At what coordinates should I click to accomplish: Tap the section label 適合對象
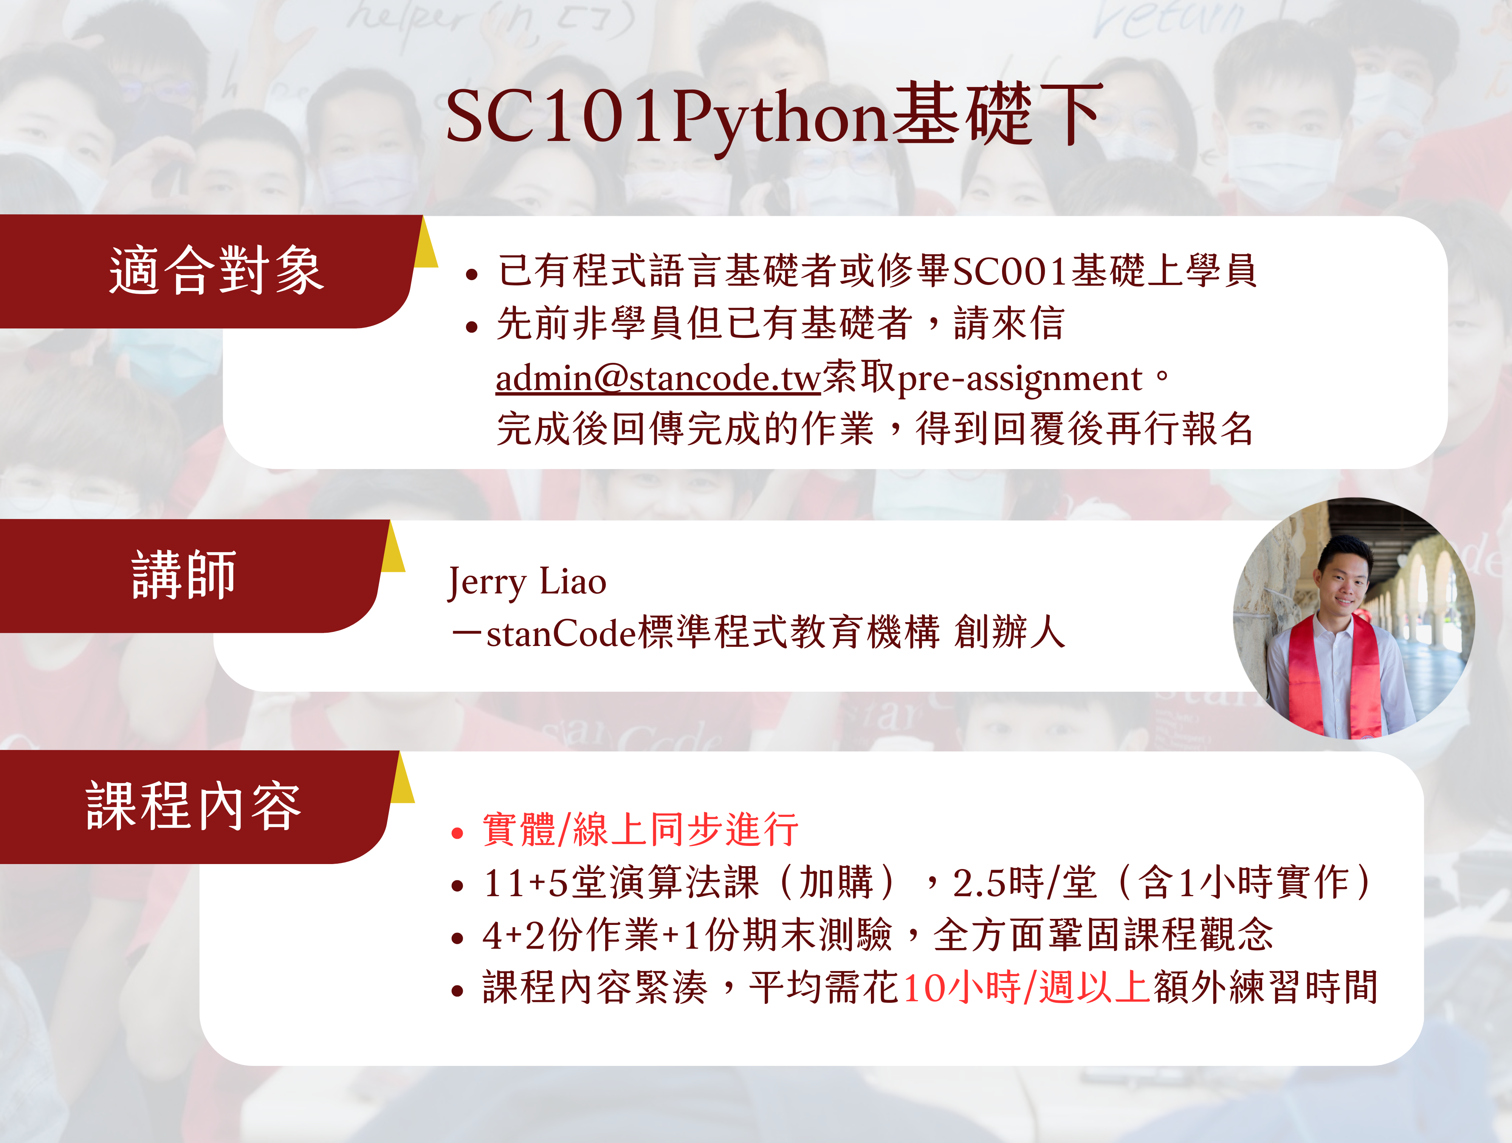(216, 271)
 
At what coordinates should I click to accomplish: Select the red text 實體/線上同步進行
(640, 829)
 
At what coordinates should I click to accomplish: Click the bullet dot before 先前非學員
(471, 327)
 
